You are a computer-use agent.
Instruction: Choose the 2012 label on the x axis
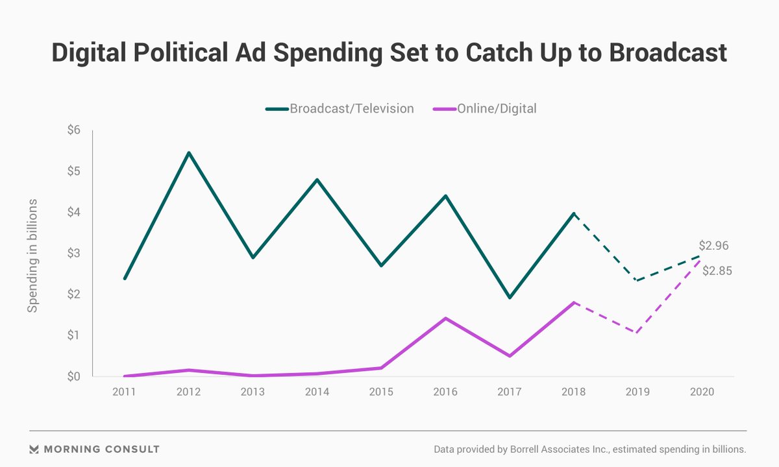tap(188, 392)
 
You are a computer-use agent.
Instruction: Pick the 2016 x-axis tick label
tap(445, 392)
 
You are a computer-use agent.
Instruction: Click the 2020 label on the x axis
tap(702, 392)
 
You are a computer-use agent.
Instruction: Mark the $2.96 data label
tap(713, 246)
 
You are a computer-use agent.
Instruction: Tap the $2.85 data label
tap(717, 271)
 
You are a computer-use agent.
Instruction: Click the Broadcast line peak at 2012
tap(188, 153)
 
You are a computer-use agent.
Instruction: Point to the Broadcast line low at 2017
tap(510, 298)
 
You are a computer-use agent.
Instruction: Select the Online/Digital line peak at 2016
tap(445, 318)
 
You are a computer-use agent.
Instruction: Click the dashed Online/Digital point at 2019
tap(638, 333)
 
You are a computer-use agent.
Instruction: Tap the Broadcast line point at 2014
tap(317, 180)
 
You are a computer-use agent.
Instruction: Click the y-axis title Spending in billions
tap(32, 256)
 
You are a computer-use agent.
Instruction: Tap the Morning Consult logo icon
tap(35, 449)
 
